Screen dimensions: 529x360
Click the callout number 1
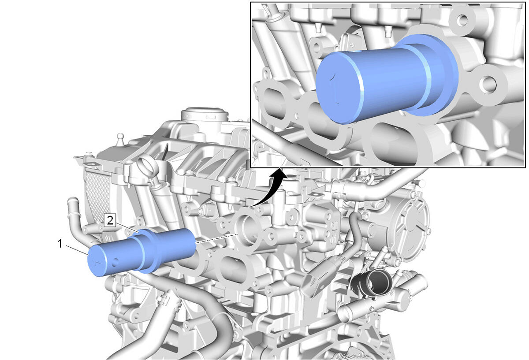pos(60,244)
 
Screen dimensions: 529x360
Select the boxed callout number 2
pos(110,221)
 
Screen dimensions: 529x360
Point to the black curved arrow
pos(269,188)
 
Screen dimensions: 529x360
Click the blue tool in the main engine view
pos(142,252)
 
